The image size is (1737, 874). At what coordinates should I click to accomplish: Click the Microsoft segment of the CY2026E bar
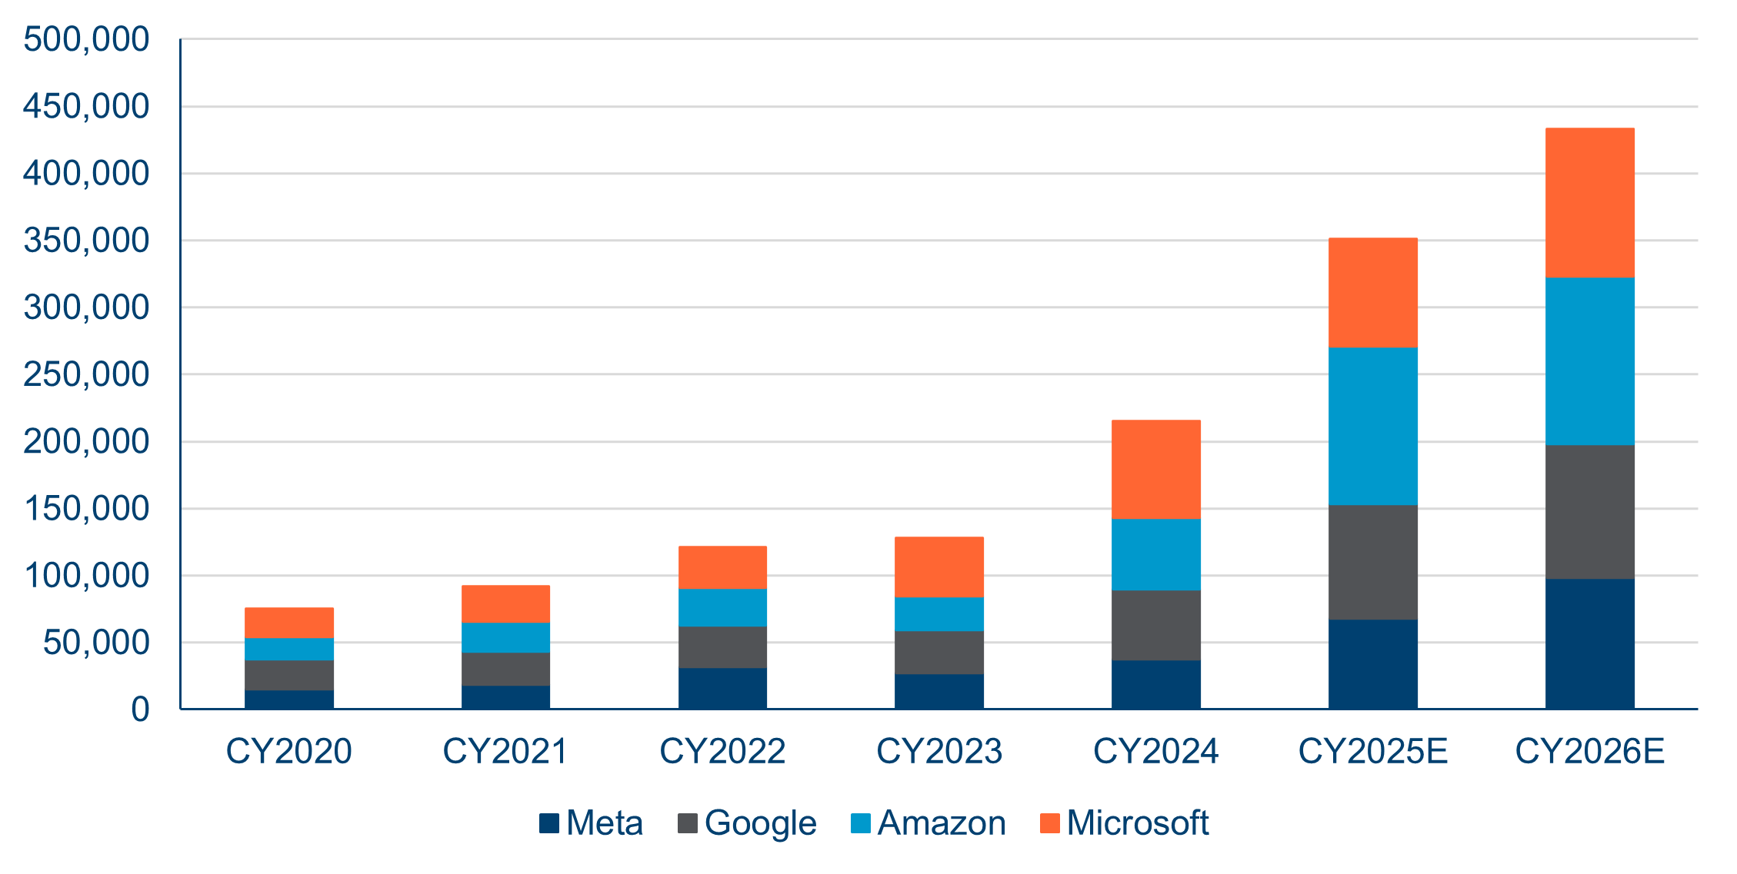[x=1589, y=203]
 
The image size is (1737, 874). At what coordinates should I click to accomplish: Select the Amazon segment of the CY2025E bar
[x=1372, y=426]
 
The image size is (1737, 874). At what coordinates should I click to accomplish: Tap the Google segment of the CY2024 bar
[x=1155, y=625]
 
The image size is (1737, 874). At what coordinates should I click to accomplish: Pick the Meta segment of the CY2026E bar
[x=1589, y=643]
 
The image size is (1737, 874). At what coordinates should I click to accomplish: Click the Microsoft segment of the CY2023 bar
[x=939, y=567]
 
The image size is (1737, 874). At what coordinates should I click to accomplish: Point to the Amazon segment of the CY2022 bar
[x=722, y=607]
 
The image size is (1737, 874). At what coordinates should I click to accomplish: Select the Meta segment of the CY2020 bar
[x=288, y=700]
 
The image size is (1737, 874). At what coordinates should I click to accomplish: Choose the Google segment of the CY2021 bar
[x=505, y=669]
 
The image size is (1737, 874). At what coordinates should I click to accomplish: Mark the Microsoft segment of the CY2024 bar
[x=1155, y=469]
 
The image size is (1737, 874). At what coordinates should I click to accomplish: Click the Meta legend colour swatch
[x=548, y=823]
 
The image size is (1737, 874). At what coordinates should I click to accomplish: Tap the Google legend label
[x=760, y=823]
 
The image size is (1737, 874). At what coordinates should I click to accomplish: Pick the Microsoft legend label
[x=1137, y=823]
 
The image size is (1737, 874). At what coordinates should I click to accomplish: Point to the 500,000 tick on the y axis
[x=86, y=39]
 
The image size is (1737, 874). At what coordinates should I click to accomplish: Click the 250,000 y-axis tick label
[x=86, y=374]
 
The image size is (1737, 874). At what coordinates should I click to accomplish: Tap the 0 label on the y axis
[x=140, y=710]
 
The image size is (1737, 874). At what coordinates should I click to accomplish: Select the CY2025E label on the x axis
[x=1372, y=751]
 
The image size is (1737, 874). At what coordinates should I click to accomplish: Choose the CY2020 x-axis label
[x=288, y=751]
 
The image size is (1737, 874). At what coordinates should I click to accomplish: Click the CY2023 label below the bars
[x=939, y=751]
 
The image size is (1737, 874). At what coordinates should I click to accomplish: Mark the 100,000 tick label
[x=86, y=576]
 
